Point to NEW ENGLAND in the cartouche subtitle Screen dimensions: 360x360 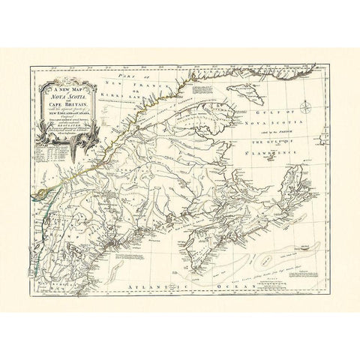pyautogui.click(x=64, y=118)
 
